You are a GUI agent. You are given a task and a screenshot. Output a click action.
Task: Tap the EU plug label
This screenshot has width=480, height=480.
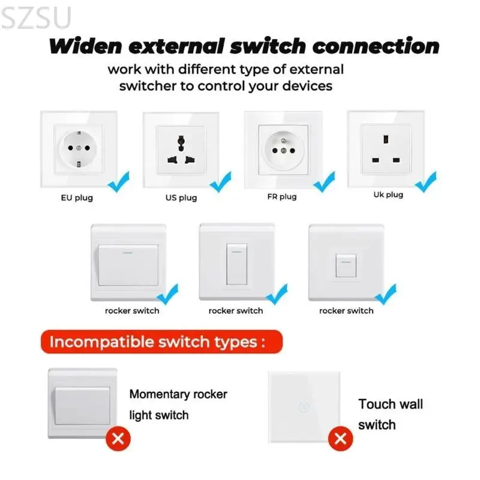77,197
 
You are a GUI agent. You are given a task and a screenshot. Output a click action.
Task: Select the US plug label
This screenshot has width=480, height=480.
181,197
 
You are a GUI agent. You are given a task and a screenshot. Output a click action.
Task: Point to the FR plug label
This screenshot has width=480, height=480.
282,196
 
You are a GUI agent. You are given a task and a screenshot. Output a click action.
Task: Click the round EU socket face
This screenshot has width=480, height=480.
78,148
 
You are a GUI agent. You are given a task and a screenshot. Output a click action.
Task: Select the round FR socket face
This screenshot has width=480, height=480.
283,148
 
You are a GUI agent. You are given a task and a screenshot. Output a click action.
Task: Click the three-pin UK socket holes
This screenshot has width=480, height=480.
386,149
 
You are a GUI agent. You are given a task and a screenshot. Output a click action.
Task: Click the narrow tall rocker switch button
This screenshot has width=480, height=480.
236,264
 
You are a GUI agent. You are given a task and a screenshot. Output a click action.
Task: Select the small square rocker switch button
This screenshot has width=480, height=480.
345,264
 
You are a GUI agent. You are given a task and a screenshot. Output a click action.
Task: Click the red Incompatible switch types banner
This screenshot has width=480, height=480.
158,343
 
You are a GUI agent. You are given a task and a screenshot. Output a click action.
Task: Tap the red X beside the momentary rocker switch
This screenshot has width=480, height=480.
118,439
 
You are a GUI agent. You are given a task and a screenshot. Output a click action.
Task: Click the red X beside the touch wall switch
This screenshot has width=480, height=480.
341,439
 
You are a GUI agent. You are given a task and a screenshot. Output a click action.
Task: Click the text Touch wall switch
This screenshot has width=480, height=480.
390,414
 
